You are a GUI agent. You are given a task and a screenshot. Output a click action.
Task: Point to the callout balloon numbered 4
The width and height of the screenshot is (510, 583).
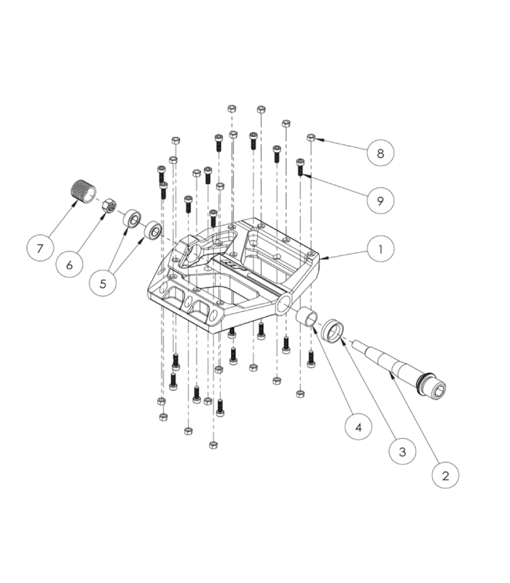pos(357,426)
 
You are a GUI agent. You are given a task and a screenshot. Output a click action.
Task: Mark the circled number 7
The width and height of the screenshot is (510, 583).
pos(39,248)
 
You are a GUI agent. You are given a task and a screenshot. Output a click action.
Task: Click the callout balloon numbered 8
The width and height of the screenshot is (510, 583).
pos(380,154)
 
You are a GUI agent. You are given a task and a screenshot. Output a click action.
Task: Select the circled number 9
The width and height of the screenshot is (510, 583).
pos(380,200)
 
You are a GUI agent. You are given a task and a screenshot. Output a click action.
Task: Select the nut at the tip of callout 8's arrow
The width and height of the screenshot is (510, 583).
pos(311,136)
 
